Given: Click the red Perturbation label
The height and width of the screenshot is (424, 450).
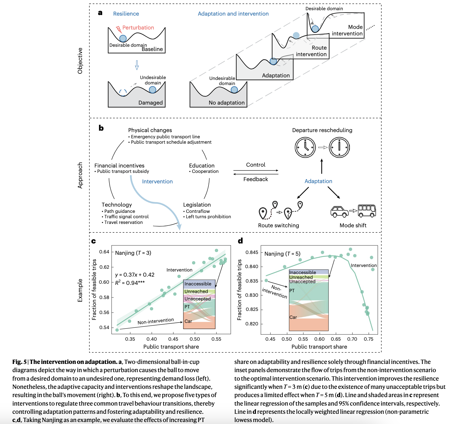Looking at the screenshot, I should [x=138, y=27].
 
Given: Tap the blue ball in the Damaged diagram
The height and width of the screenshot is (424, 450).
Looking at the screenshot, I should [x=153, y=90].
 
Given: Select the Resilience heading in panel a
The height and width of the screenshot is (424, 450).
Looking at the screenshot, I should [x=126, y=14].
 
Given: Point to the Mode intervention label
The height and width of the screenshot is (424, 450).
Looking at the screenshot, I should [x=347, y=30].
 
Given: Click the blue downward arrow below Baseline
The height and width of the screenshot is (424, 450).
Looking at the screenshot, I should [x=137, y=65].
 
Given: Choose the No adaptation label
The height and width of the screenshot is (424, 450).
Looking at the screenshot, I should [x=226, y=103].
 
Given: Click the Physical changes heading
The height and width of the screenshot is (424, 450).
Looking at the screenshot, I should [x=150, y=130].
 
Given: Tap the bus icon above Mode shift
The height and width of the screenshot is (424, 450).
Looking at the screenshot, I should [x=367, y=211].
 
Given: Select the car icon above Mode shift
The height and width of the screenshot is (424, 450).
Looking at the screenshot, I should [x=339, y=211].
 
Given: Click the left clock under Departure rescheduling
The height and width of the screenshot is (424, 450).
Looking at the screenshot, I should [x=305, y=147].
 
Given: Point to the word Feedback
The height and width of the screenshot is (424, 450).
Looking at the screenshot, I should [x=255, y=179].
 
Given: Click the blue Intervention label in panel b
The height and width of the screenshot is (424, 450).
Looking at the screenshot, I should [x=157, y=181].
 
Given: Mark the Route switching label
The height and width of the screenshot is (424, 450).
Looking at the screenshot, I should [x=278, y=225].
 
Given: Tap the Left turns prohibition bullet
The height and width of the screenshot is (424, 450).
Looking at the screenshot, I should [x=208, y=217].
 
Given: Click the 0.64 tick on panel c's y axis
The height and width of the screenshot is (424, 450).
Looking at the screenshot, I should [x=104, y=252].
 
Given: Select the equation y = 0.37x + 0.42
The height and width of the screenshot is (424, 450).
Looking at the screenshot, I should [x=135, y=275].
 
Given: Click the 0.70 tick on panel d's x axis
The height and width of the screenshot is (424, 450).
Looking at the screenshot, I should [x=352, y=339].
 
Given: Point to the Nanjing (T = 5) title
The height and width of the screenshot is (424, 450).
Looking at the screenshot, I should [x=282, y=254].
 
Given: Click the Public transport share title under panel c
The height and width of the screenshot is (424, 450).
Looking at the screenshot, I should [x=171, y=347].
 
